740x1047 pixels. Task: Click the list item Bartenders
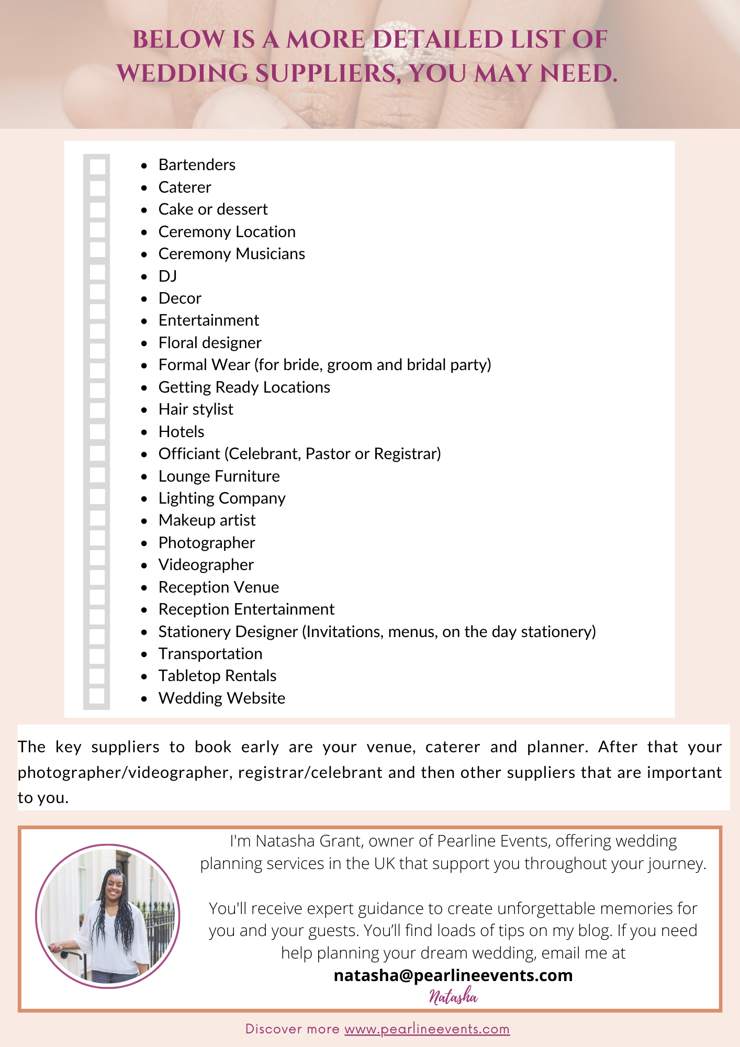[197, 165]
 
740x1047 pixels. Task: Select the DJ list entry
[167, 276]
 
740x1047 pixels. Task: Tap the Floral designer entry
[210, 343]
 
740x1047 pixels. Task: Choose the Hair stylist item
[196, 409]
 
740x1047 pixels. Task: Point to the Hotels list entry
[181, 432]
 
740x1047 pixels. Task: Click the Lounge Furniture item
[219, 476]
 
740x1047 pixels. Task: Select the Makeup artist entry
[207, 520]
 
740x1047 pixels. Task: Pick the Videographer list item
[206, 565]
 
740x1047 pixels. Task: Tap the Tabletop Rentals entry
[217, 676]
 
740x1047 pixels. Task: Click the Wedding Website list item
[222, 698]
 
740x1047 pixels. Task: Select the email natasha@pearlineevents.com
[453, 975]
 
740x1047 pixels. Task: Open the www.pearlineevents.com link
[427, 1029]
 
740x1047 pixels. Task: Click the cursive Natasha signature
[453, 997]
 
